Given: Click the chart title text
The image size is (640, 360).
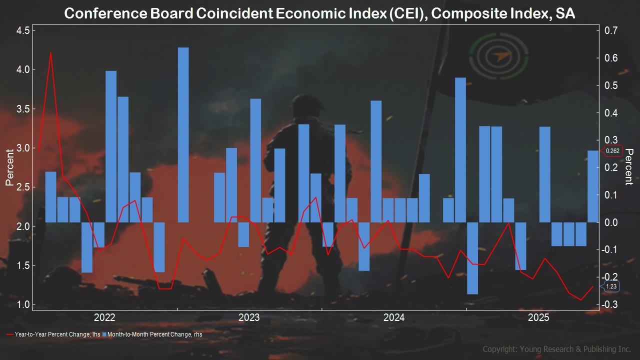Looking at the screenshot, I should tap(319, 13).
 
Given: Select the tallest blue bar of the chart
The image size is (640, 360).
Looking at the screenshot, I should tap(183, 134).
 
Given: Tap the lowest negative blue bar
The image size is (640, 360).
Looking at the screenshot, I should tap(472, 258).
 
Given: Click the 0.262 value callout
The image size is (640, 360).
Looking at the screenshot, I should tap(612, 151).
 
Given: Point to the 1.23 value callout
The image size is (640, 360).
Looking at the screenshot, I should tap(611, 286).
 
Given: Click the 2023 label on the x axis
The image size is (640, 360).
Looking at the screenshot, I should tap(249, 317).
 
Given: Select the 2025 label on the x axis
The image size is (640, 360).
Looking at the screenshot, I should tap(538, 317).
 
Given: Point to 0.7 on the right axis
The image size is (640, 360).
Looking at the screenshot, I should tap(611, 30).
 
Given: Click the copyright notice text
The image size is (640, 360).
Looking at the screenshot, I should tap(556, 349).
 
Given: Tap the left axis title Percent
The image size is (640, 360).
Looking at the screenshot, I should tap(9, 167).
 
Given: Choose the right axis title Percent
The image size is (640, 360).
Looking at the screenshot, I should tap(629, 166).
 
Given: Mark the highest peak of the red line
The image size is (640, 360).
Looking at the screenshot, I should tap(50, 52).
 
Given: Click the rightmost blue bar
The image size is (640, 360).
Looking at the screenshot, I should tap(592, 186).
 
